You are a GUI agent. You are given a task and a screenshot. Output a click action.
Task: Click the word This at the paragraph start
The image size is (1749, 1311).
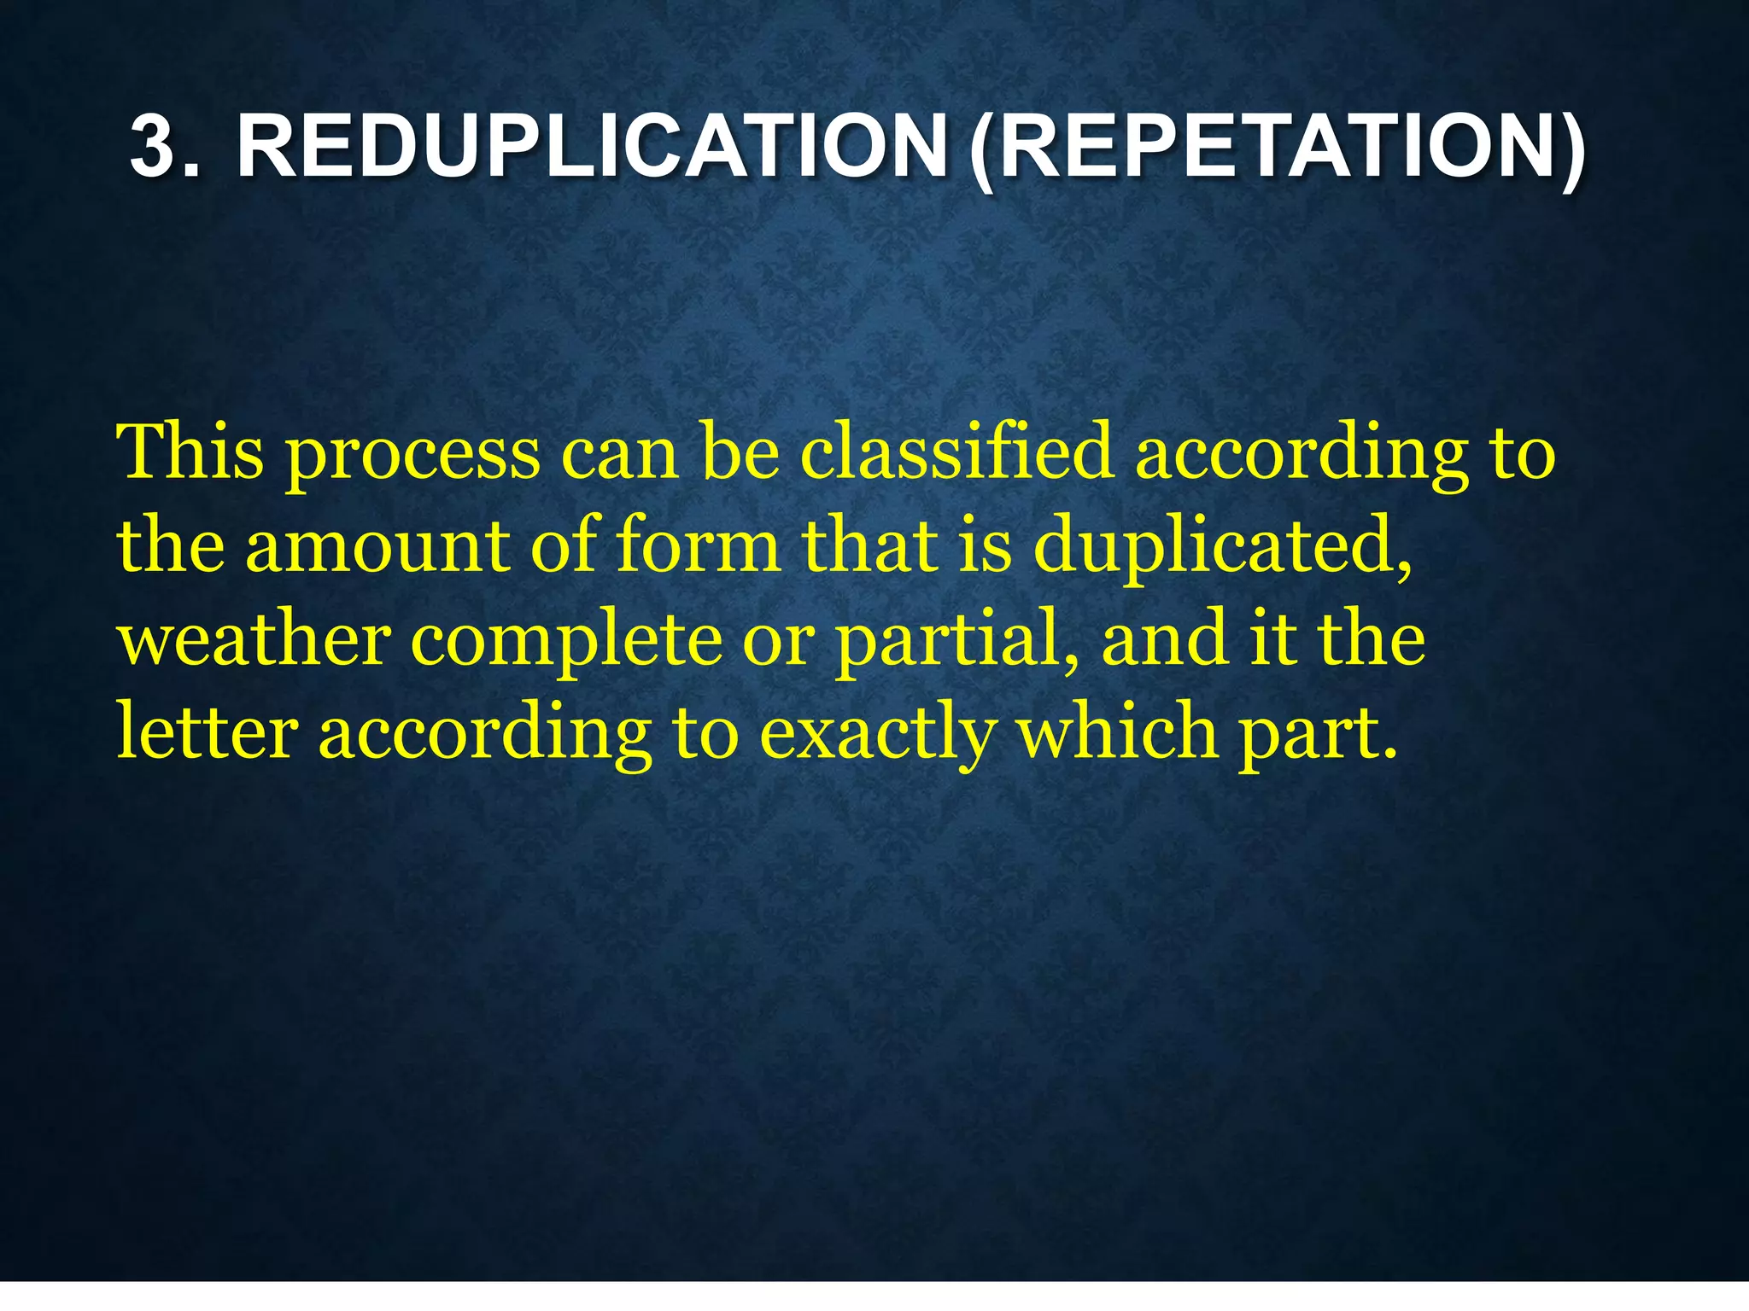[x=190, y=452]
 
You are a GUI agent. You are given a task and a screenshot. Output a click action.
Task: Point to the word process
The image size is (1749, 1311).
[x=412, y=457]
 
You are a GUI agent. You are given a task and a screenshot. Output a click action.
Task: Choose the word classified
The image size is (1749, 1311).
[x=956, y=452]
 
